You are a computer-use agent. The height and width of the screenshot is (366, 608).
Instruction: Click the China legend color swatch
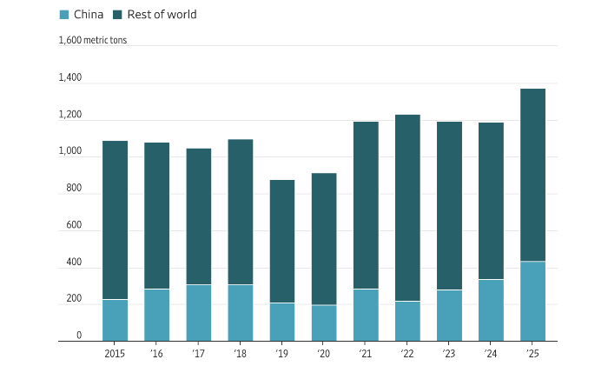(x=64, y=15)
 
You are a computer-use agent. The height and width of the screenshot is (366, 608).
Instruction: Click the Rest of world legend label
(x=162, y=15)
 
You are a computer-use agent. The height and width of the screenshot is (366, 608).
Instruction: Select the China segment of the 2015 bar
(x=115, y=320)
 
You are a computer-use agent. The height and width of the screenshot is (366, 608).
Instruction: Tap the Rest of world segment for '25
(x=532, y=175)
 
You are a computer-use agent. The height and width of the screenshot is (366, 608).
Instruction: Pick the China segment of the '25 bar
(x=532, y=301)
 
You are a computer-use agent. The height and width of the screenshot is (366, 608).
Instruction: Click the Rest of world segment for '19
(x=282, y=242)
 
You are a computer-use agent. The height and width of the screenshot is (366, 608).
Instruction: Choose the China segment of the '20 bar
(x=324, y=323)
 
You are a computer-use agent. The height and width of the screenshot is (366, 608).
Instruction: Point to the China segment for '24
(x=491, y=309)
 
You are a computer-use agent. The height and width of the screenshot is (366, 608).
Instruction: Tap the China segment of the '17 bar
(x=198, y=312)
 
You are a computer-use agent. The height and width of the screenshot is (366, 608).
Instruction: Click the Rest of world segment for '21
(x=366, y=205)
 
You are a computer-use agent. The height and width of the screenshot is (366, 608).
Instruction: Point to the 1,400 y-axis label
(x=70, y=78)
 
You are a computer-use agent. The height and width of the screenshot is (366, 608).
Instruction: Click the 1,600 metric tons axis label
(x=93, y=40)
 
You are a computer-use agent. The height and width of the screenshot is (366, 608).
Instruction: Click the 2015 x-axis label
(x=115, y=354)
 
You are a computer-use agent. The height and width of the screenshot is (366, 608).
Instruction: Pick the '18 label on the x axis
(x=241, y=354)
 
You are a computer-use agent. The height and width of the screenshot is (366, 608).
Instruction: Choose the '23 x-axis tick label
(x=449, y=354)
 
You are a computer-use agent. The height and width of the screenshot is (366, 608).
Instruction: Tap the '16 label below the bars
(x=156, y=354)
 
